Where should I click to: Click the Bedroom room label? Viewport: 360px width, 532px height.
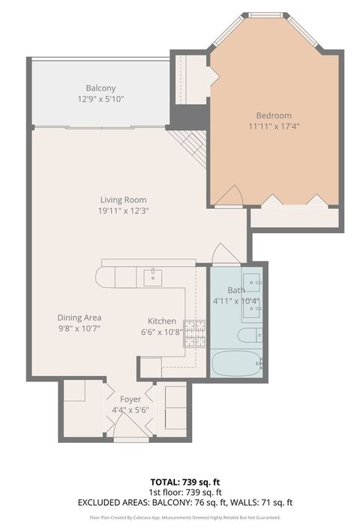tap(274, 115)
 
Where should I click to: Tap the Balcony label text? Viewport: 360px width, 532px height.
tap(100, 88)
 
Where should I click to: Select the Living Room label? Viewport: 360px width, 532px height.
tap(123, 200)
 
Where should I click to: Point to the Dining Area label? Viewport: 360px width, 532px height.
tap(79, 317)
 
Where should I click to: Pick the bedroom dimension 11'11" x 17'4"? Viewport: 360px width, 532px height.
tap(274, 127)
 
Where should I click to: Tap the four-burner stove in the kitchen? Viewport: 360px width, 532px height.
tap(195, 332)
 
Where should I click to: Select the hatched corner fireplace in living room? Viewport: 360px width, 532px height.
tap(189, 142)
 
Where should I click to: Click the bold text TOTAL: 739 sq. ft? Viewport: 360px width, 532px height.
tap(180, 481)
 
